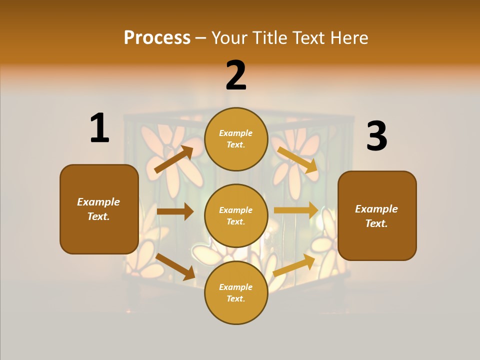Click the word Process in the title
coord(157,38)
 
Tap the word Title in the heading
coord(269,38)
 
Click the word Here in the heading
coord(348,38)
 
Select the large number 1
coord(99,128)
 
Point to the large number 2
coord(236,75)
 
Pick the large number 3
coord(376,136)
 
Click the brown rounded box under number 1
coord(99,209)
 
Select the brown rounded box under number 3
coord(377,215)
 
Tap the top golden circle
coord(236,139)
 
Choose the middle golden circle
coord(236,215)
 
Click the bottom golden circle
coord(236,292)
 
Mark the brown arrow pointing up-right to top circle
coord(174,159)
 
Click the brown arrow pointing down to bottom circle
coord(175,266)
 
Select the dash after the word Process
coord(201,38)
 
